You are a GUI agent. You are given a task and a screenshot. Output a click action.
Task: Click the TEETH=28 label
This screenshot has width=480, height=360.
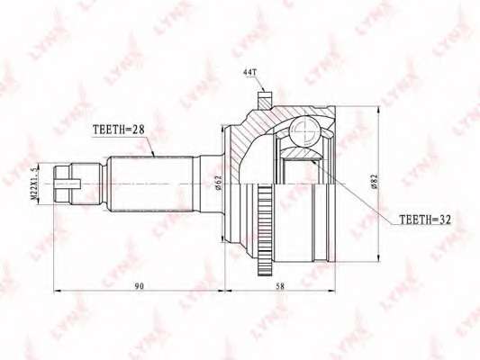coord(118,130)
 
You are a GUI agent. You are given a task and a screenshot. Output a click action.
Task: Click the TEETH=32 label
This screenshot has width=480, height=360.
coord(425,219)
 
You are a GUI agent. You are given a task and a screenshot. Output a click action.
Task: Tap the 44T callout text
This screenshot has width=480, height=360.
coord(249,73)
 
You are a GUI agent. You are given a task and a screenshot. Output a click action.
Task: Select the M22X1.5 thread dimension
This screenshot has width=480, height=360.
coord(34,184)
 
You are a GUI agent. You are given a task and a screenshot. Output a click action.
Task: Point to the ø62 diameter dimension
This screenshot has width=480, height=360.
coord(218,183)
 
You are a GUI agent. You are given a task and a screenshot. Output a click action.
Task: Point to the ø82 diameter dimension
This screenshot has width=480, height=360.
coord(374,183)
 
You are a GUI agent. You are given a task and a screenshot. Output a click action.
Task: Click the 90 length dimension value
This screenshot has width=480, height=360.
coord(139,286)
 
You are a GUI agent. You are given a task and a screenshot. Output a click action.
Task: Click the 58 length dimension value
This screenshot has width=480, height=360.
coord(279,286)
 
